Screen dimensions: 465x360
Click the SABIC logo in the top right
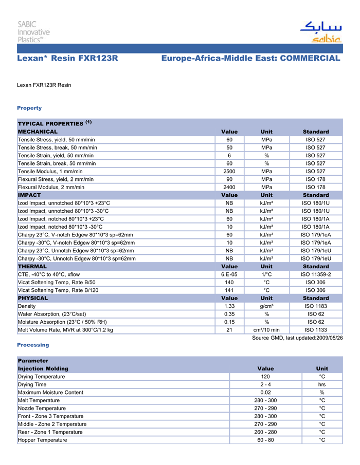pyautogui.click(x=321, y=32)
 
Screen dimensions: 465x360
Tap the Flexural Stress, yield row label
pyautogui.click(x=56, y=179)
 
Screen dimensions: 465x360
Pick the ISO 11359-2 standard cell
pyautogui.click(x=316, y=274)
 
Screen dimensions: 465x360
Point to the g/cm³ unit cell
pyautogui.click(x=266, y=306)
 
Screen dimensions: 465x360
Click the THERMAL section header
pyautogui.click(x=32, y=267)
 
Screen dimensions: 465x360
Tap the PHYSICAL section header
pyautogui.click(x=33, y=298)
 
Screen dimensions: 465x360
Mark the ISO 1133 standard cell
pyautogui.click(x=316, y=330)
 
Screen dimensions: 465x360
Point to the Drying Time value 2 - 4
pyautogui.click(x=265, y=384)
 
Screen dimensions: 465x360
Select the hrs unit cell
pyautogui.click(x=322, y=384)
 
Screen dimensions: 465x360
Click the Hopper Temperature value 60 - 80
pyautogui.click(x=265, y=440)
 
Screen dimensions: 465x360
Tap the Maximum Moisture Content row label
pyautogui.click(x=50, y=393)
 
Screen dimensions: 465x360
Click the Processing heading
pyautogui.click(x=33, y=345)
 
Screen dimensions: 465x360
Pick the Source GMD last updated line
pyautogui.click(x=297, y=338)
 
